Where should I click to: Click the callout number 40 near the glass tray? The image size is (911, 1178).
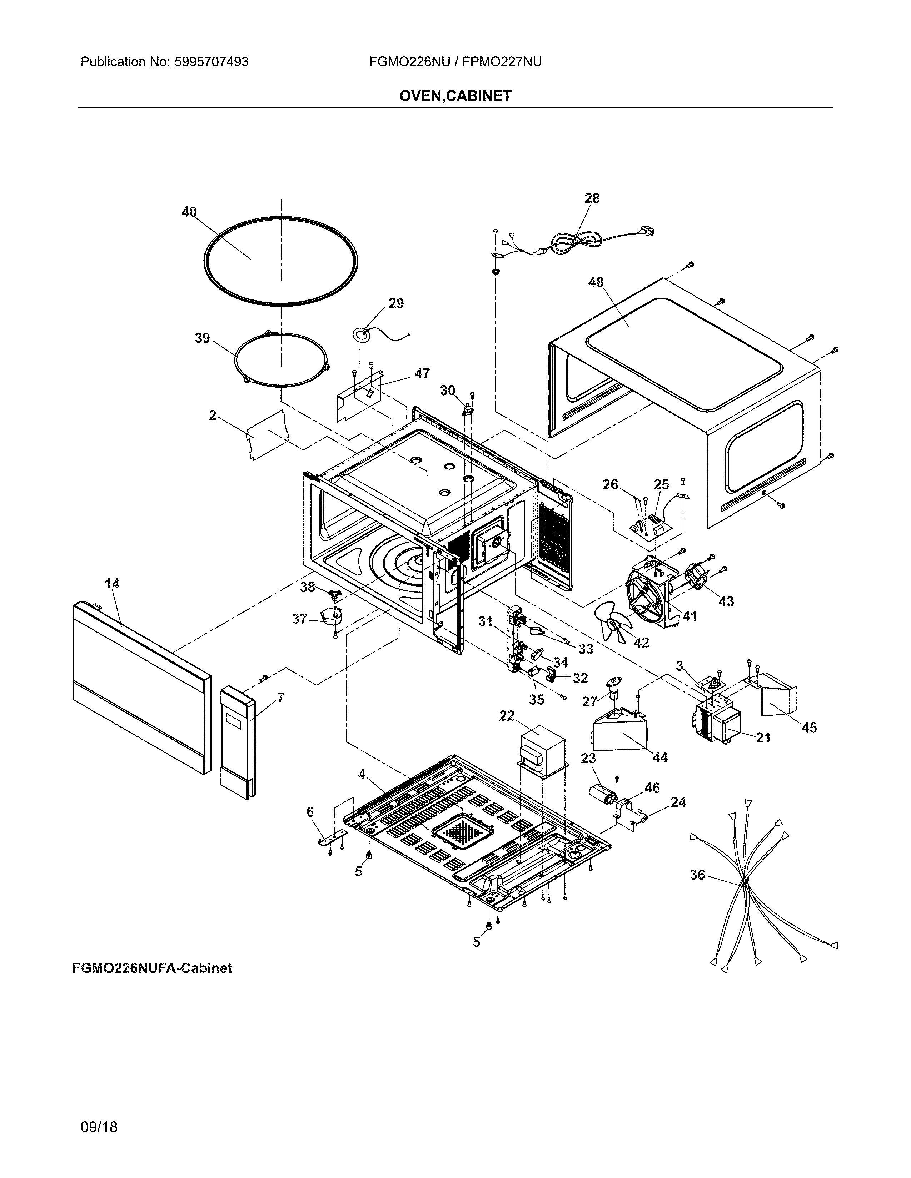(x=189, y=212)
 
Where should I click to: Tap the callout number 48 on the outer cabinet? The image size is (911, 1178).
(x=596, y=282)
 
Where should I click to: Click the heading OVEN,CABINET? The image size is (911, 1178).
(x=455, y=96)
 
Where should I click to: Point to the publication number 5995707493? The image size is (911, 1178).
(x=211, y=62)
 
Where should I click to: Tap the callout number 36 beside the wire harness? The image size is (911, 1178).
(x=697, y=875)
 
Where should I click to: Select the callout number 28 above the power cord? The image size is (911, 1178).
(x=592, y=198)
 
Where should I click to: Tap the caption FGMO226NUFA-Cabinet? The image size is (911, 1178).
(x=152, y=968)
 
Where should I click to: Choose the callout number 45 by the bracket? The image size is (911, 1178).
(x=808, y=728)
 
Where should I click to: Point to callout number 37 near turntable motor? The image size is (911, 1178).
(x=299, y=619)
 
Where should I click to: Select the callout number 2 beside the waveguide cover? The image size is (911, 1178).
(x=213, y=415)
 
